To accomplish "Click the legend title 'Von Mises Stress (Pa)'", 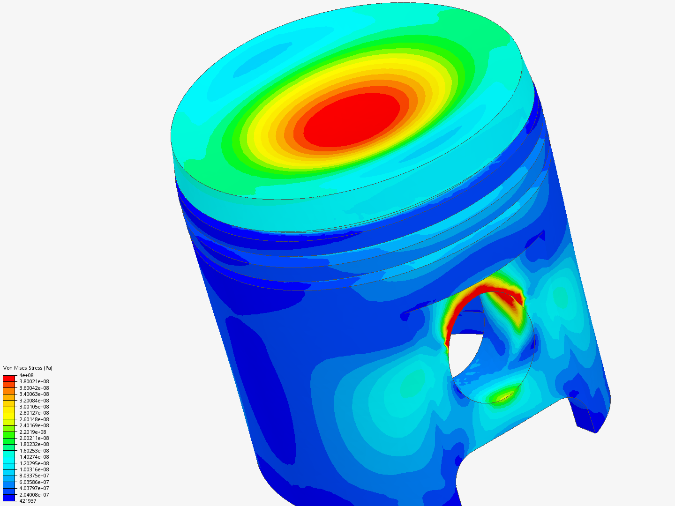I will (28, 368).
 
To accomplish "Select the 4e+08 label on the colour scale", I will (26, 375).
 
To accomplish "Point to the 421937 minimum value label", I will (28, 501).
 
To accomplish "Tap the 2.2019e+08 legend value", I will (32, 432).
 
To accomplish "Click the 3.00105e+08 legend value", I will (34, 407).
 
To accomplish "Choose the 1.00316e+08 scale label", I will (34, 469).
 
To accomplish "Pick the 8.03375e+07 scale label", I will (34, 476).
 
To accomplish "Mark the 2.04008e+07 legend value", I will (34, 495).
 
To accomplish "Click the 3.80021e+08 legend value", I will (34, 381).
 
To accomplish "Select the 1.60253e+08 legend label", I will (34, 451).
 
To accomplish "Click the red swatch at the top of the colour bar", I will (9, 378).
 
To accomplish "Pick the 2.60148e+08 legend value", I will (34, 419).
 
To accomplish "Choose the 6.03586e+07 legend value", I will (34, 482).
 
